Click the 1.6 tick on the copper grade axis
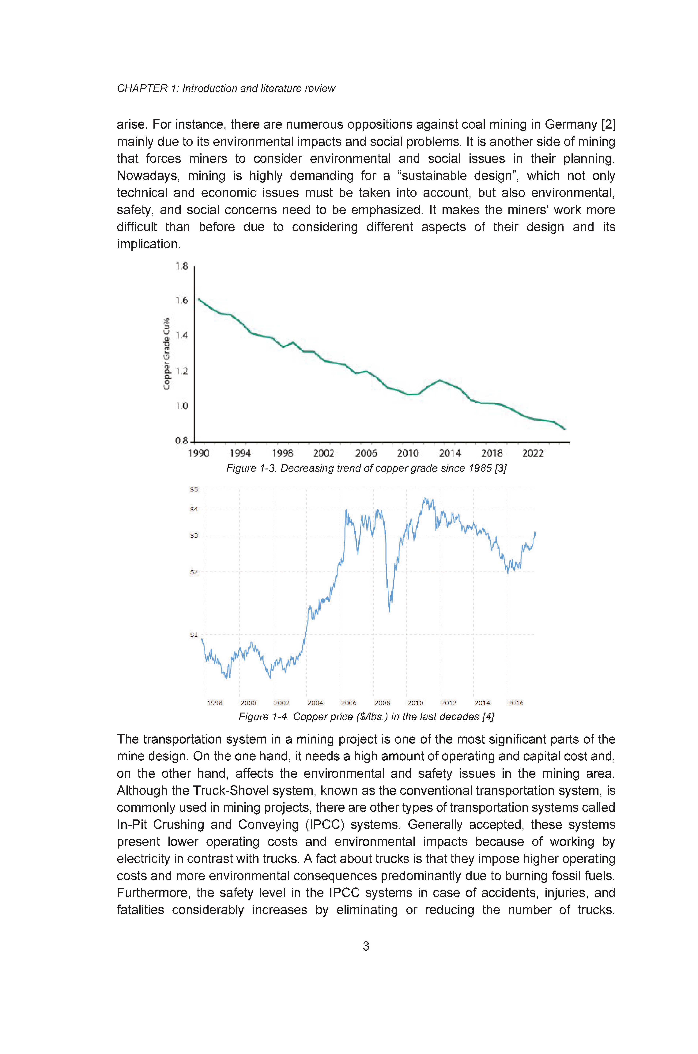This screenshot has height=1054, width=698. [182, 300]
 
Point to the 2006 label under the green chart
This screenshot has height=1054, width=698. [366, 453]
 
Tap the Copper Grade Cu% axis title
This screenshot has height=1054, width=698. [167, 353]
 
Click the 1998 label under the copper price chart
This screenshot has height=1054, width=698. [215, 703]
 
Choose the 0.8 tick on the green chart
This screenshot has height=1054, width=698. [182, 441]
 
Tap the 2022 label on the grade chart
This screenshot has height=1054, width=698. [533, 453]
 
